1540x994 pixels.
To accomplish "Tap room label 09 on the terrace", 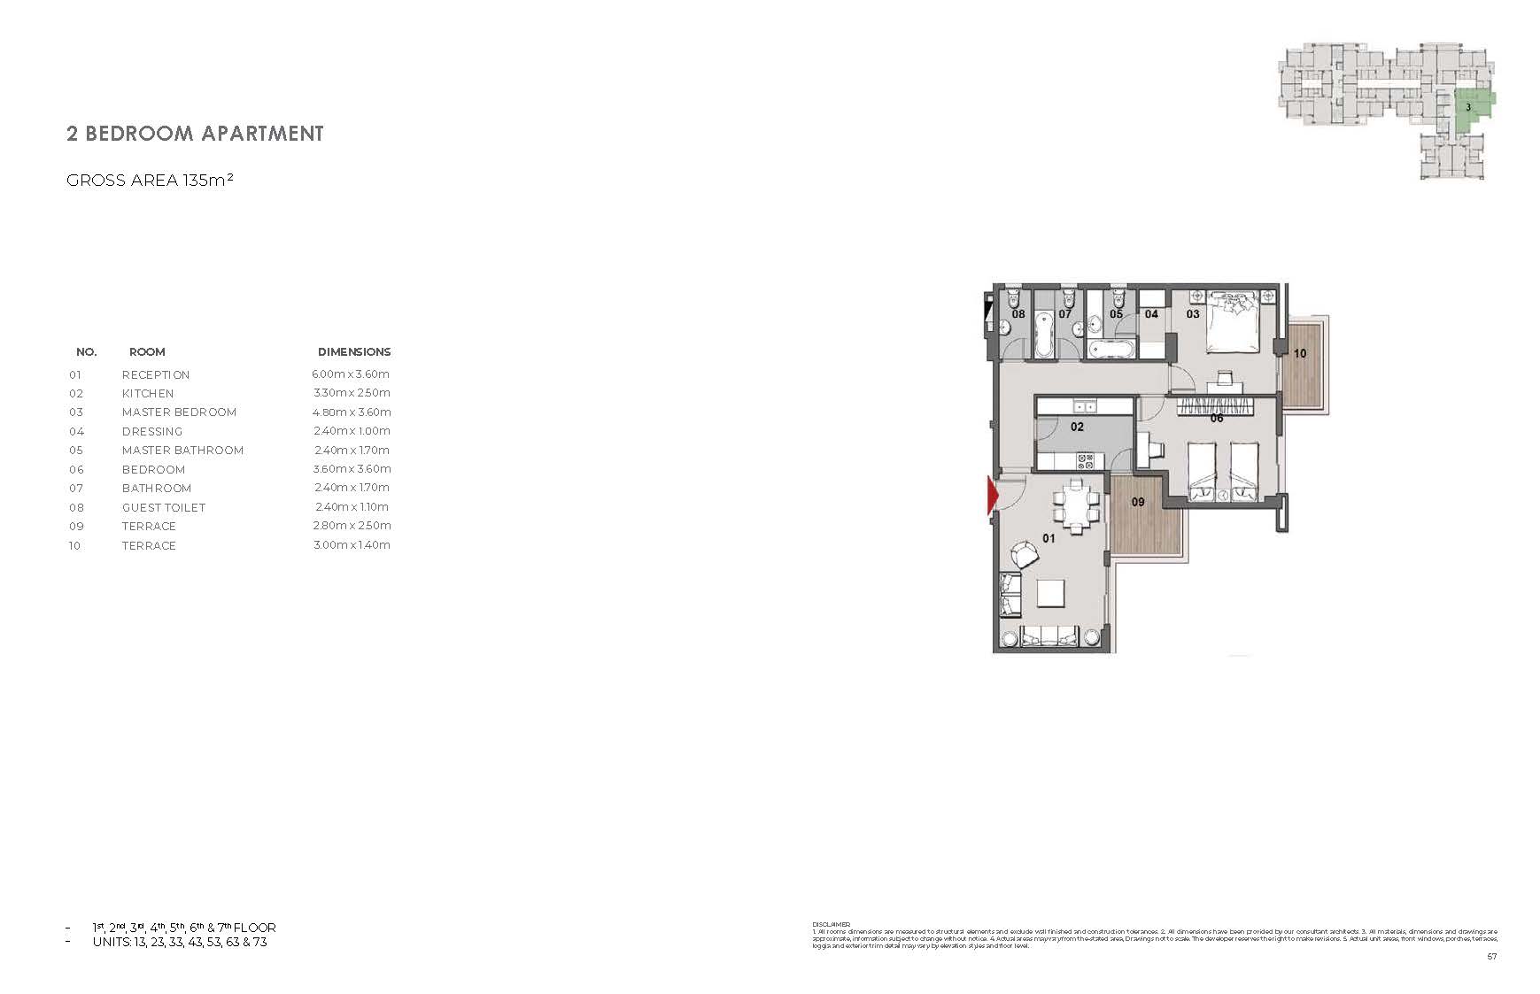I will tap(1138, 502).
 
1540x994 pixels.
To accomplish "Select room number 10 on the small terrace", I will tap(1299, 353).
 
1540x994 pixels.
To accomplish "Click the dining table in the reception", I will tap(1076, 507).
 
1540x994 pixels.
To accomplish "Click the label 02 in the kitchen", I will tap(1077, 427).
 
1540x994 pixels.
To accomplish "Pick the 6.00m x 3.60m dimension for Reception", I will tap(351, 374).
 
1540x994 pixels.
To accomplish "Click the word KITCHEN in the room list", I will tap(148, 394).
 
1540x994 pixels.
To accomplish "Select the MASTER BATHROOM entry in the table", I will tap(182, 451).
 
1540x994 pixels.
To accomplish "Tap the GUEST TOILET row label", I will tap(164, 508).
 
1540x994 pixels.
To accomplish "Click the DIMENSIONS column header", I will tap(354, 352).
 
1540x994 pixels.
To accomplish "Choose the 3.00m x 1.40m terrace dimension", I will tap(352, 545).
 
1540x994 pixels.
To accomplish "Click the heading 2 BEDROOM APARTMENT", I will tap(195, 134).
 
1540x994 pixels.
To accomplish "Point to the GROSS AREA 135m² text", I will tap(150, 181).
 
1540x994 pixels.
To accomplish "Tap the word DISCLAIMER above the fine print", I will tap(831, 925).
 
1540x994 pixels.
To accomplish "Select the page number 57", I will tap(1491, 957).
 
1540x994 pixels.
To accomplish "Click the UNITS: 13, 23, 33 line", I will tap(179, 943).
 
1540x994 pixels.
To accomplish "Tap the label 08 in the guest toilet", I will tap(1018, 314).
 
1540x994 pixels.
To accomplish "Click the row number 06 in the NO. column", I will tap(76, 470).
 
